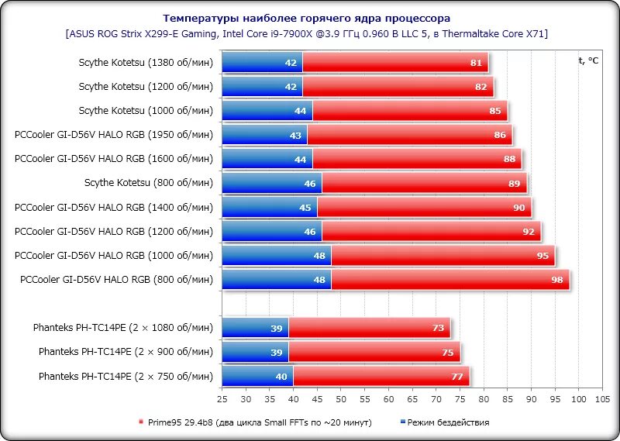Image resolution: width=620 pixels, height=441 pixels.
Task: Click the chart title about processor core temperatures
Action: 306,18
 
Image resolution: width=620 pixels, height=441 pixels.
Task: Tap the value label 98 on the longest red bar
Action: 556,280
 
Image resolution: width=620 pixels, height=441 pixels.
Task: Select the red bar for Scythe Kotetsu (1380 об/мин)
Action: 395,63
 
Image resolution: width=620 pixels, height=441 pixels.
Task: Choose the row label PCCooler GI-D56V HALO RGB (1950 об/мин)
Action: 113,135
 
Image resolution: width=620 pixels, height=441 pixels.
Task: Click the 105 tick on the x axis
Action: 602,400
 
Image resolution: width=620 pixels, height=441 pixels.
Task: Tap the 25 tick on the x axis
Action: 222,400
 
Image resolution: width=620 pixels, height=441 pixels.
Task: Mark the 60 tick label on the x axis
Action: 389,400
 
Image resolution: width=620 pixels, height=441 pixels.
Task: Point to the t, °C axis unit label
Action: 588,60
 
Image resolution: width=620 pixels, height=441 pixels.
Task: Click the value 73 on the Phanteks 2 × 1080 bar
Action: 438,329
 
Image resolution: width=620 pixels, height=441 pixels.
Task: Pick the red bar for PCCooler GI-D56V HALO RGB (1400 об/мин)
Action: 424,208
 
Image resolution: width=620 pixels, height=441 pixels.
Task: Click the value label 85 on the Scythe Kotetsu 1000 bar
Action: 495,111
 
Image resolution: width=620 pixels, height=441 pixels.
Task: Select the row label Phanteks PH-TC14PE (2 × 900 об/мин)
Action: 125,352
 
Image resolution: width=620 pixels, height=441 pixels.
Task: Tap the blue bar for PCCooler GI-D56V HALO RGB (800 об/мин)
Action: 276,280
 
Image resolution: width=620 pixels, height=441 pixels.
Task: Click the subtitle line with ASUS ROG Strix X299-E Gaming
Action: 307,34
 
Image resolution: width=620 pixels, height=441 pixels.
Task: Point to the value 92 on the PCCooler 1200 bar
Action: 529,232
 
